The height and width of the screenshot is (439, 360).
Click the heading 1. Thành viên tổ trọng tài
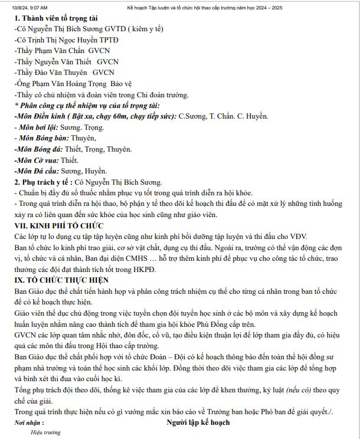click(57, 18)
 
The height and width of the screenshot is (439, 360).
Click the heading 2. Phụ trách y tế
click(41, 182)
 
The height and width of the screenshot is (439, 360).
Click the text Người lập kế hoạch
click(198, 422)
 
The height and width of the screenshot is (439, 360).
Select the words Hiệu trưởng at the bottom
click(45, 433)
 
